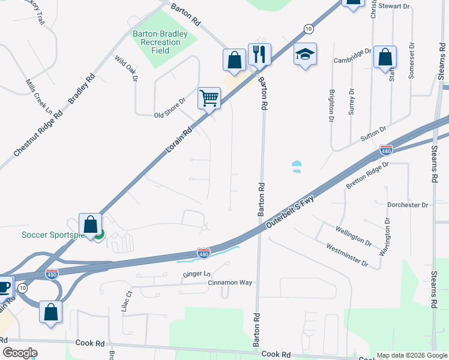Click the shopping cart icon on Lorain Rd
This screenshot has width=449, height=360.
[x=209, y=98]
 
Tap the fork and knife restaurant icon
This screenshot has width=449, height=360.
[x=259, y=54]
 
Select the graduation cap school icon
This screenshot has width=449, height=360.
[x=305, y=54]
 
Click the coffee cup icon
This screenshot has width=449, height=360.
[x=4, y=287]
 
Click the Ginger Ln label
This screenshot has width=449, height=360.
[x=197, y=274]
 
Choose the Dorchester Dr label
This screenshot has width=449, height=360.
[x=408, y=205]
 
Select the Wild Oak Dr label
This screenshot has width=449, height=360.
[x=126, y=68]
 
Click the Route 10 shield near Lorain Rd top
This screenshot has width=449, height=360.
[x=308, y=28]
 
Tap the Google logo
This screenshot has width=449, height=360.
[x=20, y=353]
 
